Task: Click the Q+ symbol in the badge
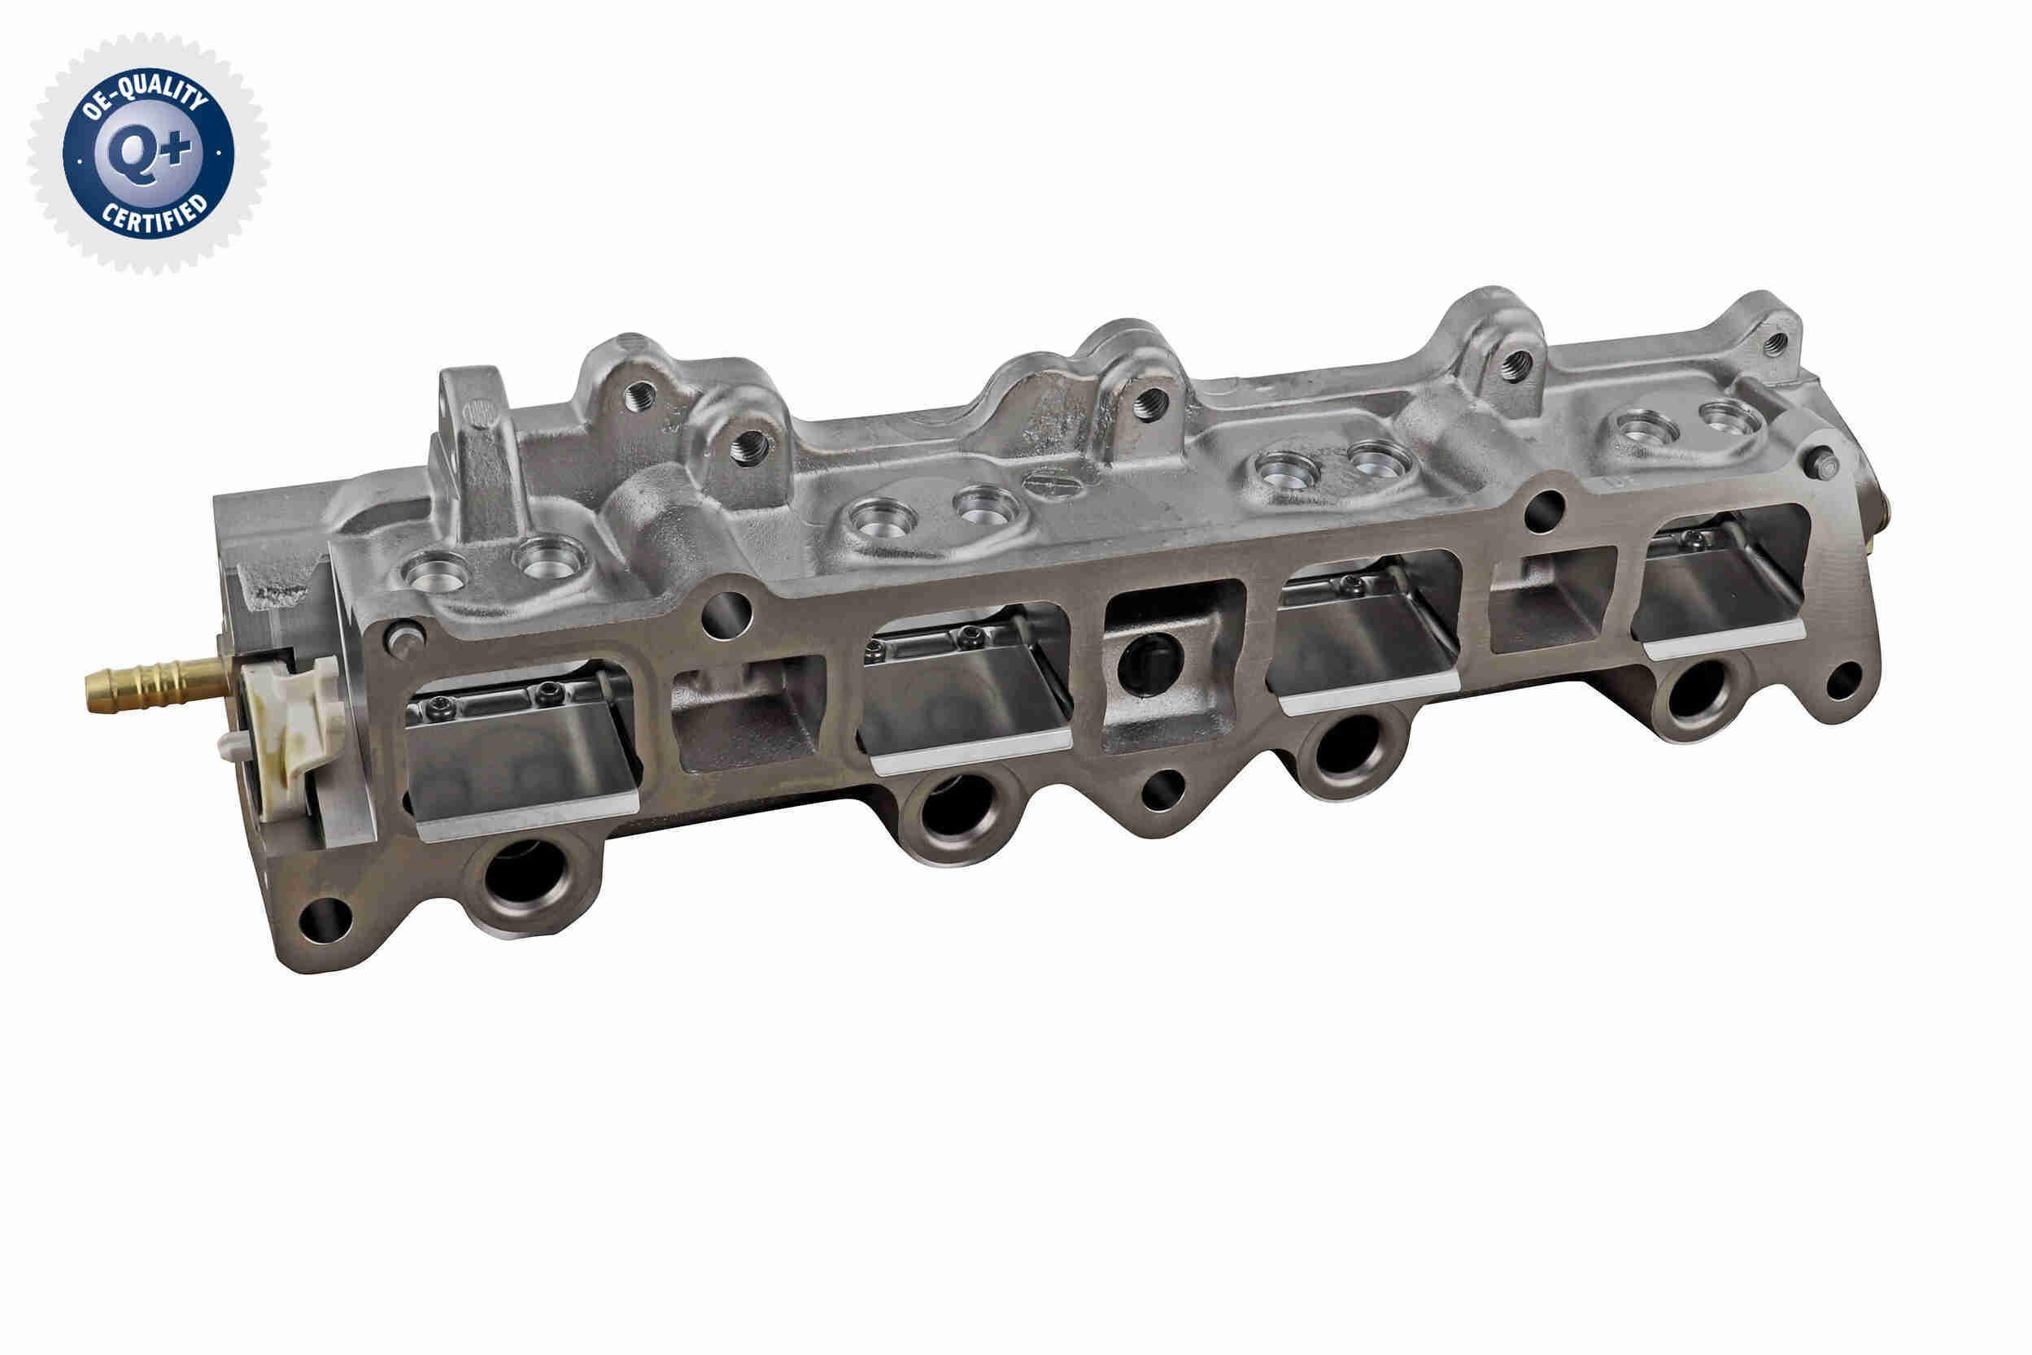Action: click(x=148, y=154)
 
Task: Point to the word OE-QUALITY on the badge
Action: click(x=147, y=94)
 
